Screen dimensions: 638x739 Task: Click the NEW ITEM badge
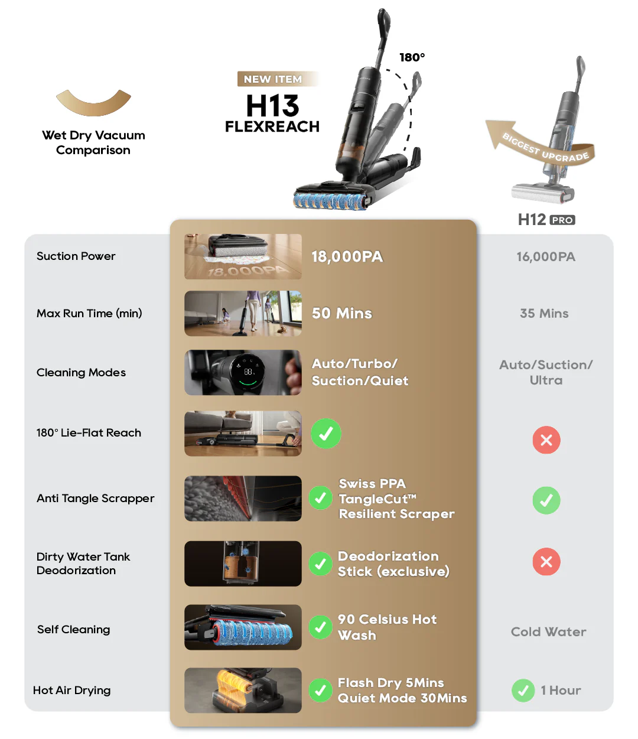(278, 79)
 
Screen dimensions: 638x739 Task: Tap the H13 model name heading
(272, 106)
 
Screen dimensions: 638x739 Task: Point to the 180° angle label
(412, 57)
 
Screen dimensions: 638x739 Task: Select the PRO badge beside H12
(562, 220)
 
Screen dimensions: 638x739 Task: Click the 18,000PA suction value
(347, 257)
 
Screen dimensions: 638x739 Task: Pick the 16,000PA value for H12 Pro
(546, 257)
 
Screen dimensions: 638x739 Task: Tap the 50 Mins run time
(341, 313)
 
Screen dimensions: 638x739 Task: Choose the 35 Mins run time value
(544, 313)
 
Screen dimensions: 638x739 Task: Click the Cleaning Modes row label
(81, 373)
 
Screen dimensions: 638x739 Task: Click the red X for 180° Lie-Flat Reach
(546, 440)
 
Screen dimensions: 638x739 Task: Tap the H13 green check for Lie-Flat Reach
(326, 434)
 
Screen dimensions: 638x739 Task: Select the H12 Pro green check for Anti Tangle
(546, 500)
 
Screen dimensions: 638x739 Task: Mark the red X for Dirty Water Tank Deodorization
(546, 562)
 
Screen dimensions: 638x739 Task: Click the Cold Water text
(548, 631)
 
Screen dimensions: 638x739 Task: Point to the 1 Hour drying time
(561, 691)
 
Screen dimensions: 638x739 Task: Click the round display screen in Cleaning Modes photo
(248, 372)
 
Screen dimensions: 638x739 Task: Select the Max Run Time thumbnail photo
(243, 314)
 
